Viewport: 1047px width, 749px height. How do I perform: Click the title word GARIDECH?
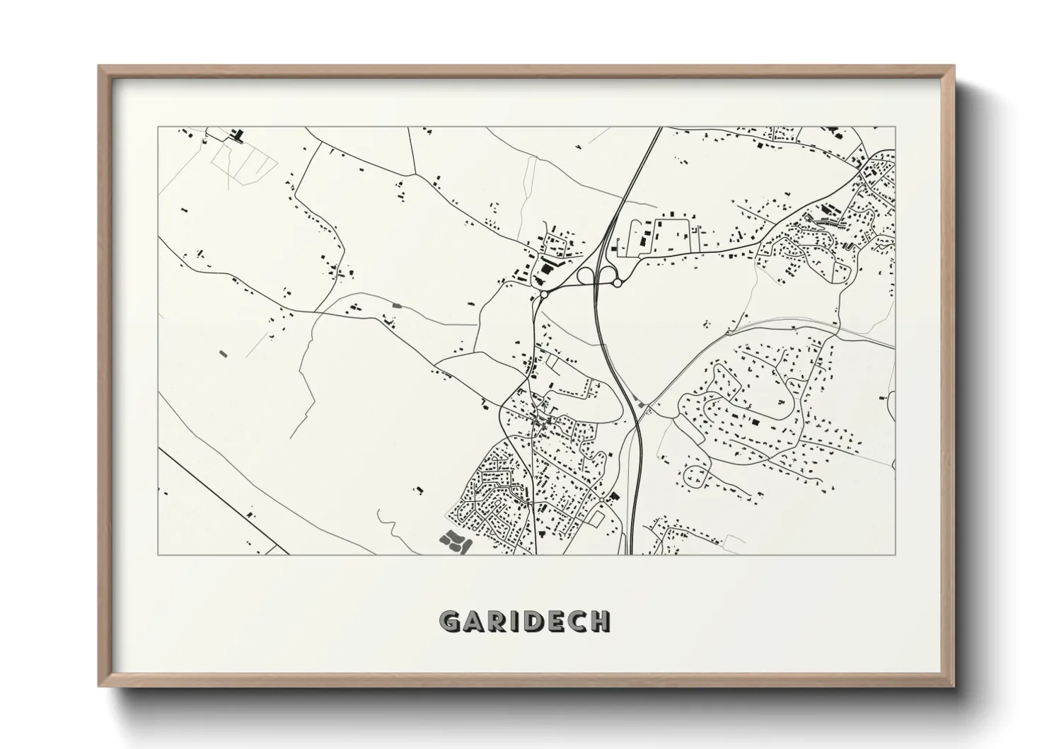(x=524, y=622)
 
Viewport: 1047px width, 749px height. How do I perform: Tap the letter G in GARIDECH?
(x=450, y=622)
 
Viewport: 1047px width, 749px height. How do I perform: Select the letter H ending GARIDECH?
(x=600, y=622)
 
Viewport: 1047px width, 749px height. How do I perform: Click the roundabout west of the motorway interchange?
(x=543, y=293)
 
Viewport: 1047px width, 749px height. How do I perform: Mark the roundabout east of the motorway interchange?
(x=617, y=282)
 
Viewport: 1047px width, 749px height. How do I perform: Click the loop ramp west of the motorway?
(x=587, y=275)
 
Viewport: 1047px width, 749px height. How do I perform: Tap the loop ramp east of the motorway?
(x=606, y=272)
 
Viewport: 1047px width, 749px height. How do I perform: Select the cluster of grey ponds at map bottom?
(x=453, y=542)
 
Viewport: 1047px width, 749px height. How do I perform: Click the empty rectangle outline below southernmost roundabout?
(x=596, y=519)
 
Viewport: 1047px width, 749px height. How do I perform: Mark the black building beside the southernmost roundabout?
(x=613, y=496)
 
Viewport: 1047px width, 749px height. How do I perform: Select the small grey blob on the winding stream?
(x=395, y=305)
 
